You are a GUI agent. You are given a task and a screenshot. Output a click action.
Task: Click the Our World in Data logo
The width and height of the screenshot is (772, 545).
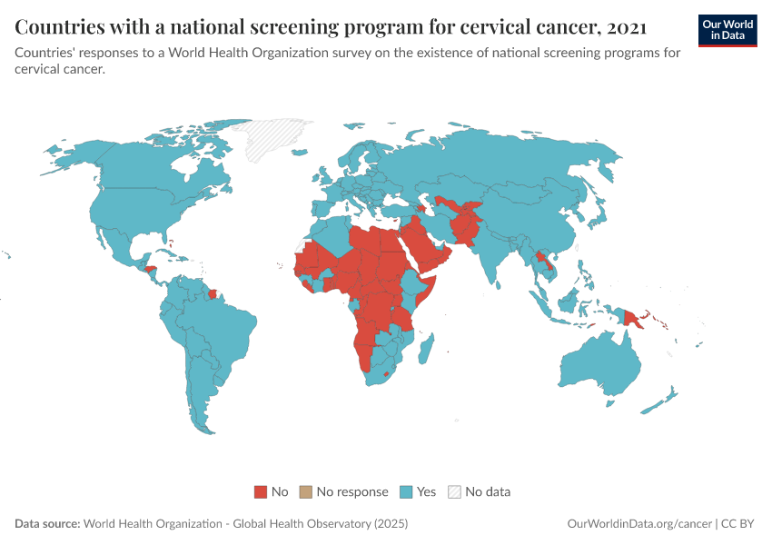[727, 30]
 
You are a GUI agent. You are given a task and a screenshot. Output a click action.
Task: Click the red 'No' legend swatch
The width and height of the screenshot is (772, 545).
[261, 491]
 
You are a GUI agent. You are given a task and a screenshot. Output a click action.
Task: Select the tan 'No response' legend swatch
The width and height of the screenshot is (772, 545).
[306, 491]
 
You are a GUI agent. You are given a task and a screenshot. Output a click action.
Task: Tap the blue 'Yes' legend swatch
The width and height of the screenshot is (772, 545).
[407, 491]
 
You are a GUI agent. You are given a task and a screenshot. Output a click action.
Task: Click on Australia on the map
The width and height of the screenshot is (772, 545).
[599, 363]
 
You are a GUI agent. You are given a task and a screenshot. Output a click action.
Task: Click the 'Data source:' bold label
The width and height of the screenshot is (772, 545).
[47, 524]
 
